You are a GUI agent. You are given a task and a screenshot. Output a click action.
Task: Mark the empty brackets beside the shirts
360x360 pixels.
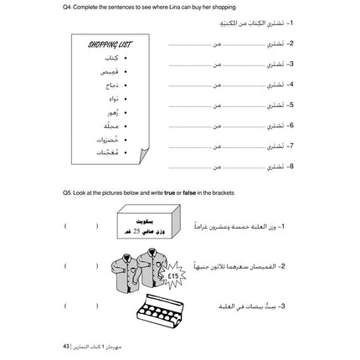point(80,268)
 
